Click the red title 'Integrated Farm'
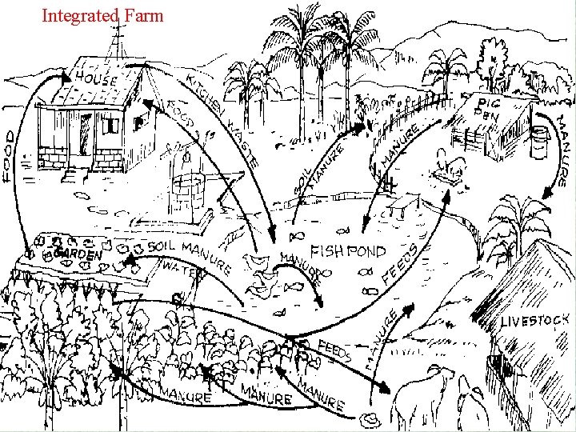(x=102, y=15)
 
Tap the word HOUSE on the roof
(x=98, y=79)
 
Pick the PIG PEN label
(x=490, y=109)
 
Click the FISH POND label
(x=348, y=251)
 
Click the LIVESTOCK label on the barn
(x=534, y=321)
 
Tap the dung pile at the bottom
(x=371, y=418)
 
